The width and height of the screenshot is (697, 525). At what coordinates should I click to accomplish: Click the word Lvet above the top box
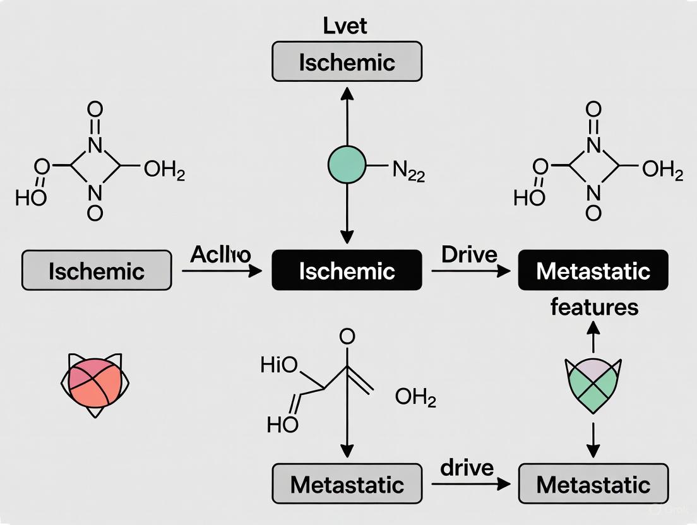345,26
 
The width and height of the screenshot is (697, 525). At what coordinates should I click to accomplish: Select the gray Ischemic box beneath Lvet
347,62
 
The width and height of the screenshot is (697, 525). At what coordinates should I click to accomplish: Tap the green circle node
347,165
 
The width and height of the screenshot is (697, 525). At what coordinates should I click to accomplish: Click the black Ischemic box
347,271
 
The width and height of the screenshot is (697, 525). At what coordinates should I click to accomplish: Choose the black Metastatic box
593,271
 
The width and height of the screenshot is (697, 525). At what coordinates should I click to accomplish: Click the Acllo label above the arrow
220,254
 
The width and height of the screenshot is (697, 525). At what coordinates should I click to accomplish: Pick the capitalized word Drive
469,254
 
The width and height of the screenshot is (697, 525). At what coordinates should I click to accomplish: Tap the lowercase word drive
467,468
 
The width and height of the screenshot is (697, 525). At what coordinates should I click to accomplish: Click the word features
594,307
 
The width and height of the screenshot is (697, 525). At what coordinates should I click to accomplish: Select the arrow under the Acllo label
221,271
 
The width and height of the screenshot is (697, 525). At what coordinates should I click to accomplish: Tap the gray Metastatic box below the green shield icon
593,485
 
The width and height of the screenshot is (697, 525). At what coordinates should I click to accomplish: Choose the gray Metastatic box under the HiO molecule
347,485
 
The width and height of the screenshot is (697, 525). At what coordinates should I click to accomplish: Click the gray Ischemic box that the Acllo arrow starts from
97,271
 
